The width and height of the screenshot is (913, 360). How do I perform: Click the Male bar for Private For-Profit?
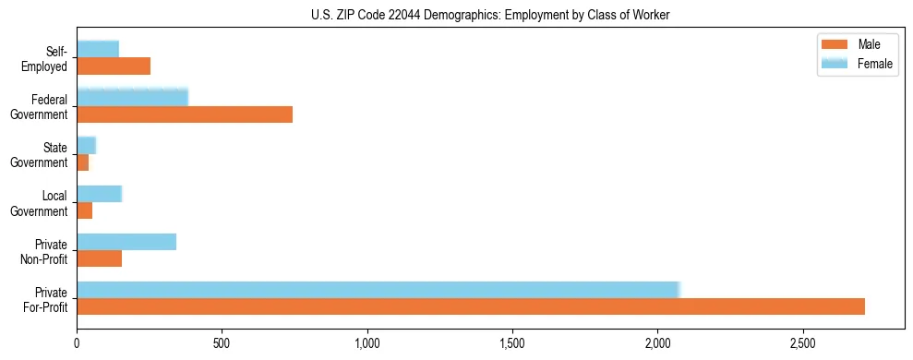pos(471,306)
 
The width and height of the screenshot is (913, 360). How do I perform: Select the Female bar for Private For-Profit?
pos(378,290)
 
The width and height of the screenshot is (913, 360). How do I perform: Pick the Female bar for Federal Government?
pos(132,98)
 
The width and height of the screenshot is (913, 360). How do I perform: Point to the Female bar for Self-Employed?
pos(98,50)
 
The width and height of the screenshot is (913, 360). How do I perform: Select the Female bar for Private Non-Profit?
pos(126,242)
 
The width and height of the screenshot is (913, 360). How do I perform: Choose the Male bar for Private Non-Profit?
pos(100,258)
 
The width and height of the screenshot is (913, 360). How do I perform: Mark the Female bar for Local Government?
pos(100,194)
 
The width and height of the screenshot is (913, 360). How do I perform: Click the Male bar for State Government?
pos(83,162)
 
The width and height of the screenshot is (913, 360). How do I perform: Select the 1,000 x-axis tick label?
pos(367,344)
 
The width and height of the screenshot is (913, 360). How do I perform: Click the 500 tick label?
pos(222,344)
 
